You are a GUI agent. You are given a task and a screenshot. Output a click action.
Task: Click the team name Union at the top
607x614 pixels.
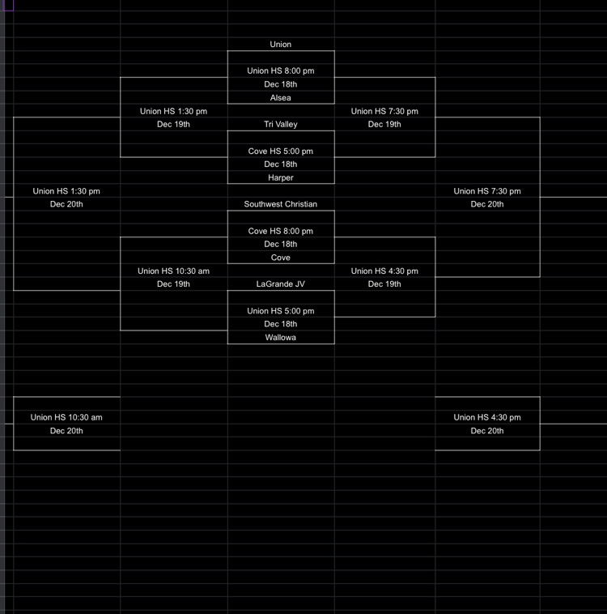(280, 45)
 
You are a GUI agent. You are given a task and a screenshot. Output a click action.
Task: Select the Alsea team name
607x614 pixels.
(280, 98)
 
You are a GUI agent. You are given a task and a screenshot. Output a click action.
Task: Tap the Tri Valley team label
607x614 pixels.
(280, 125)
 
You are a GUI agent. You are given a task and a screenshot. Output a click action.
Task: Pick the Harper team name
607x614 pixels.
(280, 178)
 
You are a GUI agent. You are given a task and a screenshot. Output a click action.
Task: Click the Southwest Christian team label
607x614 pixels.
(280, 205)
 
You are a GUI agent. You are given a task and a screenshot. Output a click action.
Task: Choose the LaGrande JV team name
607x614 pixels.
(280, 284)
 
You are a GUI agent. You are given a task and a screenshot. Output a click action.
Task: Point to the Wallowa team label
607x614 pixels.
(280, 338)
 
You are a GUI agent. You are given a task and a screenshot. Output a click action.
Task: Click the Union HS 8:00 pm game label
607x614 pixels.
(280, 71)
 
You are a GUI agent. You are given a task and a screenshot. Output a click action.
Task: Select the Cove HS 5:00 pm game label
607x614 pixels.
(280, 151)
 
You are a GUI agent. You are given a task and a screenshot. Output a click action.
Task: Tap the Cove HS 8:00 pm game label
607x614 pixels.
(280, 232)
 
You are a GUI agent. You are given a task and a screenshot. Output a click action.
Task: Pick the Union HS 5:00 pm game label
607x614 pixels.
(280, 311)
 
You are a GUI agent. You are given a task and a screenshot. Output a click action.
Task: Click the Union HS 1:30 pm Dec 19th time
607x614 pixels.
(173, 112)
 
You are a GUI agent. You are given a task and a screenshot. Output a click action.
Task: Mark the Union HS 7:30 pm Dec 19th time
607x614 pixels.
(384, 112)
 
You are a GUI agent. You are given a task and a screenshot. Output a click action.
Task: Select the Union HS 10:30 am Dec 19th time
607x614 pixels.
(173, 271)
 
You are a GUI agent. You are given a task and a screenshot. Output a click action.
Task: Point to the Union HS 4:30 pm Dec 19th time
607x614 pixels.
(384, 271)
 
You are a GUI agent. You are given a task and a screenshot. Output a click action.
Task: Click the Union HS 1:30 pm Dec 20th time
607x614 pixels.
(66, 192)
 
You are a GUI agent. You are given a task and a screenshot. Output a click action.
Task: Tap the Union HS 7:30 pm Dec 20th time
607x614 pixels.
(487, 192)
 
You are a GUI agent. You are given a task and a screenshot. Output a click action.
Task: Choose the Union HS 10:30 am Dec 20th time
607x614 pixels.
(66, 418)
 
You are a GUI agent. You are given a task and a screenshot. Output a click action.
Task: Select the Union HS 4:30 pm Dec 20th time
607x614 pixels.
(487, 418)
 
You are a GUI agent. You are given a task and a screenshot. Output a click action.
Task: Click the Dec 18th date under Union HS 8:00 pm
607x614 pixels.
(280, 84)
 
